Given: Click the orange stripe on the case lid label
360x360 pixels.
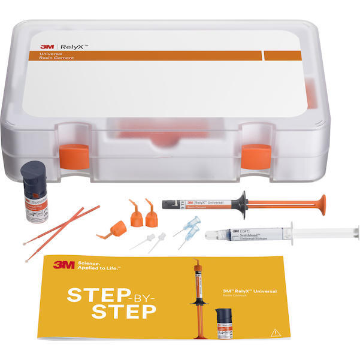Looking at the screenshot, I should click(144, 55).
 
